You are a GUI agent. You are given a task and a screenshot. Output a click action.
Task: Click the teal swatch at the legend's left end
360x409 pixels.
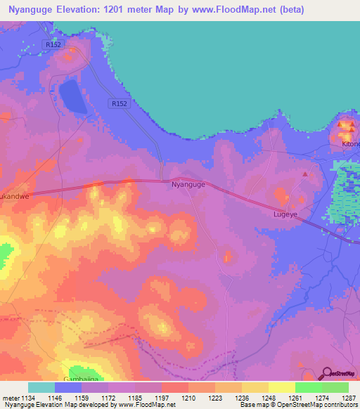tap(41, 387)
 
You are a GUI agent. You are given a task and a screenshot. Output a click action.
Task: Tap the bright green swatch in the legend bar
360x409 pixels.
tap(308, 387)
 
